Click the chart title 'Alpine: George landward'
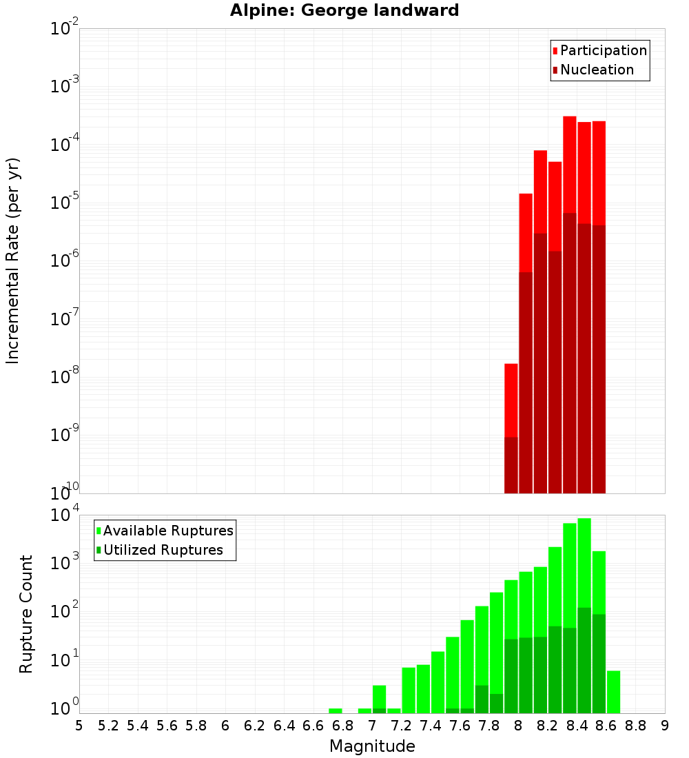344,10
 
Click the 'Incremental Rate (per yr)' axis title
13,260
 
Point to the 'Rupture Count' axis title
26,613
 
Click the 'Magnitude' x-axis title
372,746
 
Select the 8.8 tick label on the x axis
635,726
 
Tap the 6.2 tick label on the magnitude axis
255,726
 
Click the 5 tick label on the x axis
79,726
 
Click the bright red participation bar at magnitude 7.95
511,400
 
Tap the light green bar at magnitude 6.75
336,710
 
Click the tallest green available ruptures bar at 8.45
584,562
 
